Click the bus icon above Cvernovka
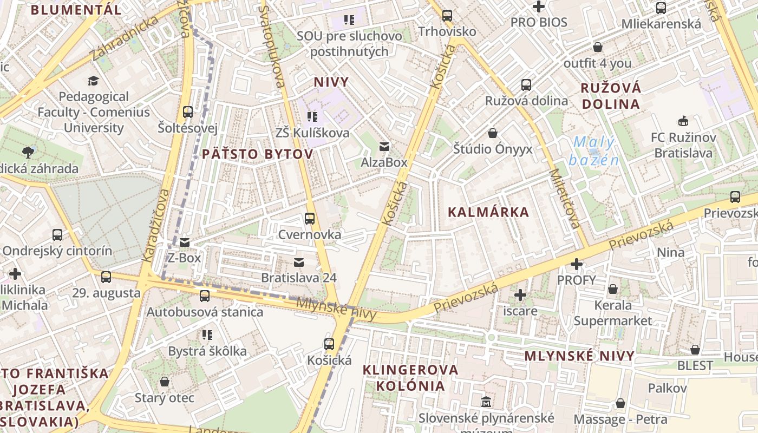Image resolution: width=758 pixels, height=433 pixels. click(x=310, y=219)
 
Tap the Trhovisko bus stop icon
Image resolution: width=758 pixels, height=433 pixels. click(x=447, y=16)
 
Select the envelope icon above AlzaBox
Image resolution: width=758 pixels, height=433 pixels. click(x=384, y=146)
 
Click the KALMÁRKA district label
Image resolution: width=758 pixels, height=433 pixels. click(x=488, y=212)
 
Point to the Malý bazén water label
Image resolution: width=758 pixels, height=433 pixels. click(x=594, y=151)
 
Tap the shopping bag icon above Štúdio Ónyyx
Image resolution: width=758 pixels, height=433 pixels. click(x=493, y=133)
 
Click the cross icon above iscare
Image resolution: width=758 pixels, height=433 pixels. click(x=520, y=295)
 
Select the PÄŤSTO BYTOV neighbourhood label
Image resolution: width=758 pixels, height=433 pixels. click(x=258, y=154)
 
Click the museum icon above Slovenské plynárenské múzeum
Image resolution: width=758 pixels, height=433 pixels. click(x=486, y=402)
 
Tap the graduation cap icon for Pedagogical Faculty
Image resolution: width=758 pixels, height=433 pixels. click(x=94, y=81)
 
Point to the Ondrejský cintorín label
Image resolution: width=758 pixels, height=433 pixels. click(x=57, y=251)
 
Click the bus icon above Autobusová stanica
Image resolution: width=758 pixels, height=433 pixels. click(x=205, y=296)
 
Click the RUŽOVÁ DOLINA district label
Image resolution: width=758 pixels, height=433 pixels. click(x=611, y=96)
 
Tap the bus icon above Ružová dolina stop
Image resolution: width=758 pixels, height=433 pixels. click(x=526, y=85)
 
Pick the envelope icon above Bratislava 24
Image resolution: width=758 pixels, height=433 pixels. click(x=298, y=263)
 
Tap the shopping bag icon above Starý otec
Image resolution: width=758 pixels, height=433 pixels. click(x=165, y=382)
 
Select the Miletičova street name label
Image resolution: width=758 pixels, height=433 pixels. click(x=565, y=199)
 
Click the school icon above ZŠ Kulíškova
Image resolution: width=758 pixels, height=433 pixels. click(x=312, y=116)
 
